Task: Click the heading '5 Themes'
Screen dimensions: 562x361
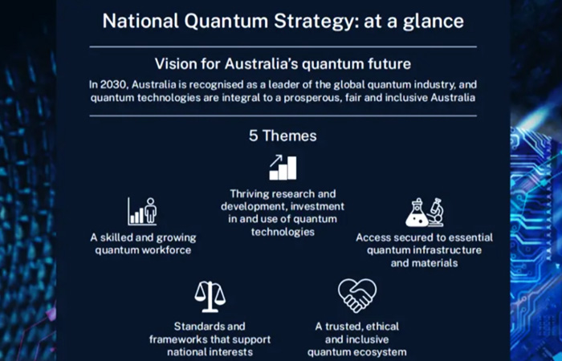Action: pos(283,136)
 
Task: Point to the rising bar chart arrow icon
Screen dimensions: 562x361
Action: pos(283,167)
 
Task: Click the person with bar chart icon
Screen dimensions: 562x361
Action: pos(142,212)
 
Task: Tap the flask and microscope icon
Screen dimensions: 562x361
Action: pos(425,213)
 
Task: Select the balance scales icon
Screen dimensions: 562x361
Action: pos(210,297)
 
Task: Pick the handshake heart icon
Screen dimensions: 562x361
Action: pos(357,296)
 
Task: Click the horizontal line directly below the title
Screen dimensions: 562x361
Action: pos(283,47)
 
